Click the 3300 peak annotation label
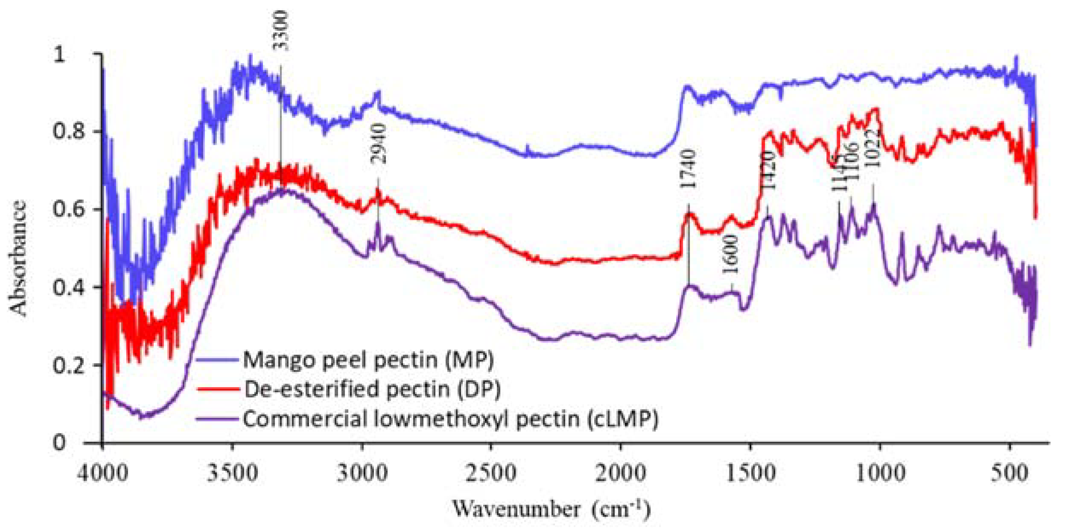click(x=281, y=31)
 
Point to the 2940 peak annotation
click(x=378, y=144)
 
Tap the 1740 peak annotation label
click(x=688, y=169)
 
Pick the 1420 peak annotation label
click(x=768, y=170)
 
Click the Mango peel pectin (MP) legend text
click(x=368, y=360)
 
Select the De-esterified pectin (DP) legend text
click(x=372, y=389)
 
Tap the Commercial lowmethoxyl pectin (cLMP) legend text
click(x=450, y=419)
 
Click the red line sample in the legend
click(x=217, y=389)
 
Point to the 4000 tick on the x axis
click(x=103, y=473)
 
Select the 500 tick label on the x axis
click(x=1010, y=473)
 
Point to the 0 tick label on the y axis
click(x=59, y=443)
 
